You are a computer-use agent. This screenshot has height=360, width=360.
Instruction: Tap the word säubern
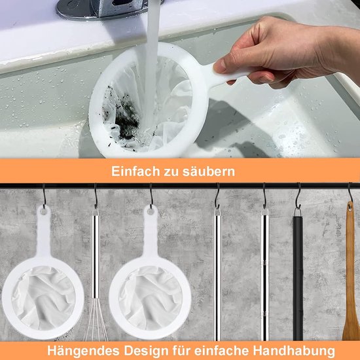(x=211, y=172)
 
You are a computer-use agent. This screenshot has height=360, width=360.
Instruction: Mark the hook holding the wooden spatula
(x=350, y=195)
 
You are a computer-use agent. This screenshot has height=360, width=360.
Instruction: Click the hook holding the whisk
(x=96, y=196)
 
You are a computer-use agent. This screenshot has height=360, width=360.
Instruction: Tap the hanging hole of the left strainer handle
(x=44, y=211)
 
